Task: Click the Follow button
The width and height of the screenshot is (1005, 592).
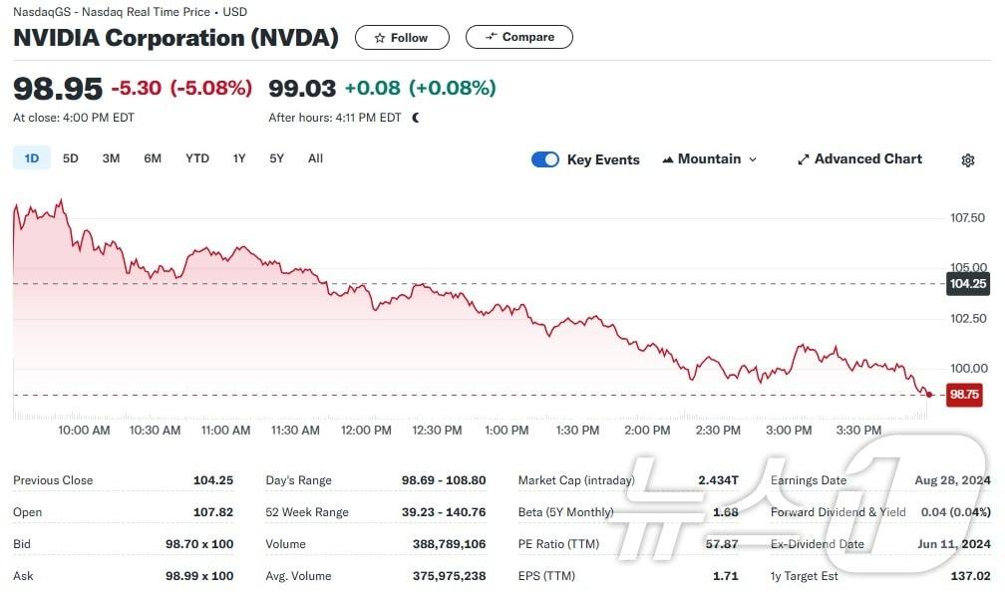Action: [402, 38]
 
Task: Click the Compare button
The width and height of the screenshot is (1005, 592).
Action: [519, 38]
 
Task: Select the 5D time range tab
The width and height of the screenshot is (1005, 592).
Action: [71, 158]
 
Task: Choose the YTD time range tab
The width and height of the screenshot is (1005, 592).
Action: [197, 158]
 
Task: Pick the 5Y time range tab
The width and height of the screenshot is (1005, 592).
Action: [276, 158]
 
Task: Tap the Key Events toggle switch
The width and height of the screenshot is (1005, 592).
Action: [545, 159]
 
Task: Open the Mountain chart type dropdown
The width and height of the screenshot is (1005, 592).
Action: [709, 159]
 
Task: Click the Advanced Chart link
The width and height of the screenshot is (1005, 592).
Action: [859, 159]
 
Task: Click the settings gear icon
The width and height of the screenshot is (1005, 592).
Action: [967, 160]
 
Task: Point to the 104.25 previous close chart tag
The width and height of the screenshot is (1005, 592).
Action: [967, 284]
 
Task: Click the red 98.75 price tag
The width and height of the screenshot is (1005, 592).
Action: [965, 395]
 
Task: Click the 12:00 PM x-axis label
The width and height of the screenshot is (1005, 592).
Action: [367, 431]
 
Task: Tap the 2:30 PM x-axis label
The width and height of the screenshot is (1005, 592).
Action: [718, 431]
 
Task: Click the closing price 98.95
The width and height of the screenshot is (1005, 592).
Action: [58, 89]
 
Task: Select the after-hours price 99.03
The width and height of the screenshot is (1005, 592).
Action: [302, 89]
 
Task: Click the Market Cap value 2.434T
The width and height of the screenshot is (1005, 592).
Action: [718, 480]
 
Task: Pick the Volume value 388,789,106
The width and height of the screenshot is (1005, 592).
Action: [449, 544]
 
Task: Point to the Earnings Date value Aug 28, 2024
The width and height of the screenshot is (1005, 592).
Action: [952, 480]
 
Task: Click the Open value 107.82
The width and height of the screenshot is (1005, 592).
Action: [212, 512]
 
